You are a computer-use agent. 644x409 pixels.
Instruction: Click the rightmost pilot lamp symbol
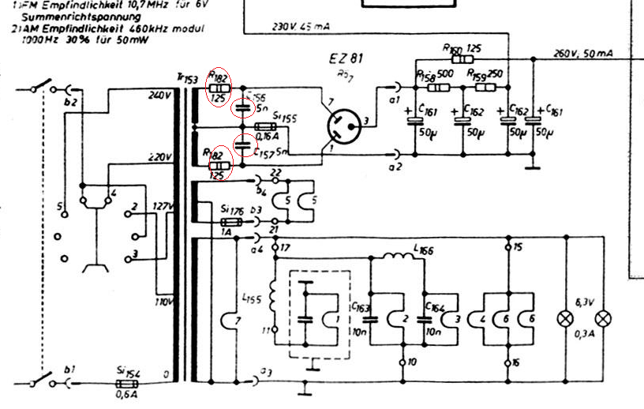(x=605, y=318)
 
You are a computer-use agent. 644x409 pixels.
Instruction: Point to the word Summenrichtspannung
(x=74, y=16)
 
